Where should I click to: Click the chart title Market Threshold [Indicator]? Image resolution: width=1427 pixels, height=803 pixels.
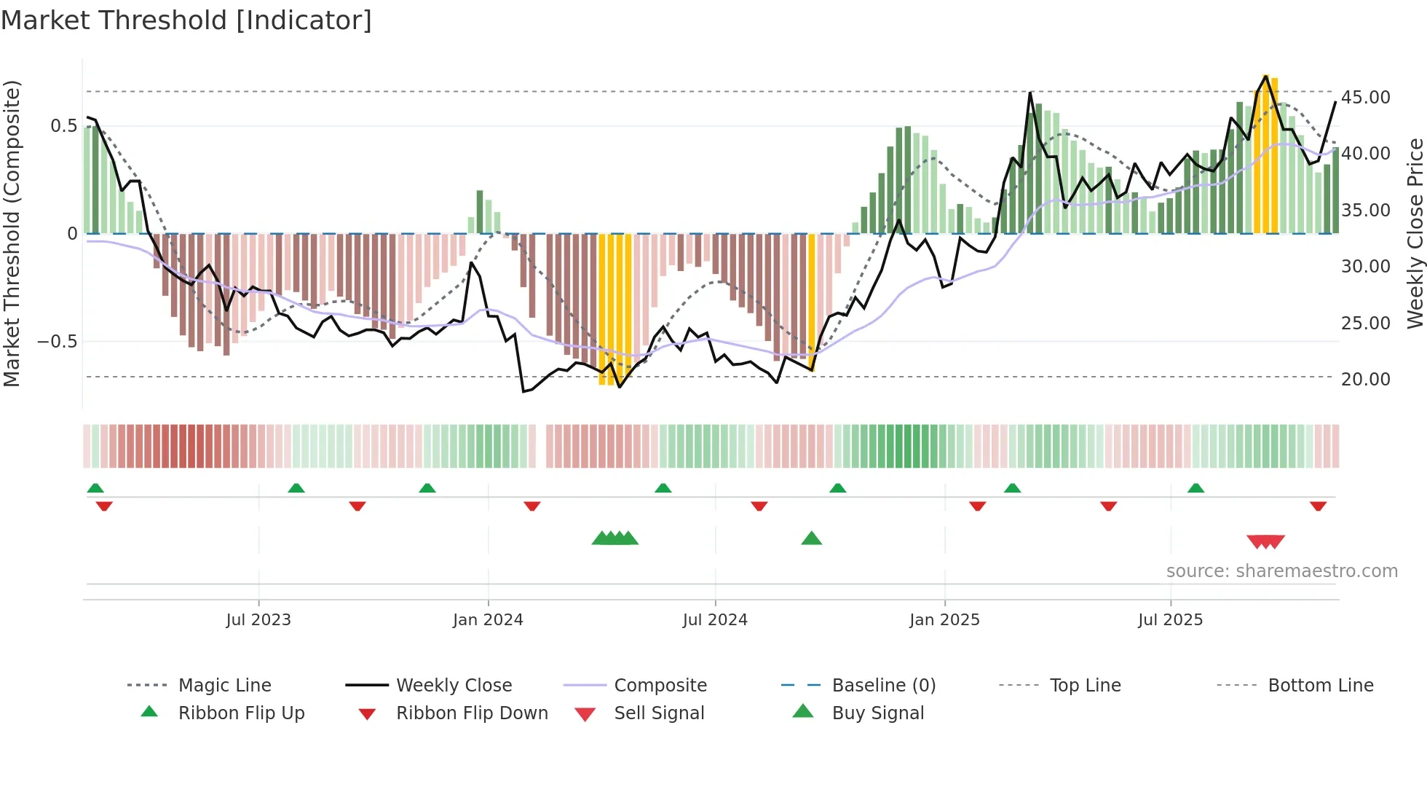pyautogui.click(x=186, y=20)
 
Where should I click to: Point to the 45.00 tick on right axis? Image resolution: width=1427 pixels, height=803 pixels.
pyautogui.click(x=1365, y=98)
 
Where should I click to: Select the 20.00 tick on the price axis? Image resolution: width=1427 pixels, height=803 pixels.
pyautogui.click(x=1365, y=380)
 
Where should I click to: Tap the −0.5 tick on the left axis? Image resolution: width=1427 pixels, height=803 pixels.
pyautogui.click(x=57, y=342)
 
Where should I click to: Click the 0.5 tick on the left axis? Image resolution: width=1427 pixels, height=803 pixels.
pyautogui.click(x=63, y=126)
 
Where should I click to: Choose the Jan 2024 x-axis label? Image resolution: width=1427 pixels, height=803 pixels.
pyautogui.click(x=488, y=620)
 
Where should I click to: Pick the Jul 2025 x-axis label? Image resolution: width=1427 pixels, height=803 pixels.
pyautogui.click(x=1170, y=620)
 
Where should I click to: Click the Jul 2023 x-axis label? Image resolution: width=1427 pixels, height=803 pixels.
pyautogui.click(x=258, y=620)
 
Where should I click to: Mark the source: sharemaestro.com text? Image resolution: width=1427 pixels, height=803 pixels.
pyautogui.click(x=1281, y=571)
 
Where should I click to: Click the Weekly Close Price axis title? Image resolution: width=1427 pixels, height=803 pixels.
pyautogui.click(x=1415, y=233)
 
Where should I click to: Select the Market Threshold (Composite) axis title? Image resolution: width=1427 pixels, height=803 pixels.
pyautogui.click(x=12, y=233)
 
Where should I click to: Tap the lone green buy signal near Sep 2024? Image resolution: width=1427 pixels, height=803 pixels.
pyautogui.click(x=811, y=538)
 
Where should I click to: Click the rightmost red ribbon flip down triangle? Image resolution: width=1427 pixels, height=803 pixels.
pyautogui.click(x=1318, y=506)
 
